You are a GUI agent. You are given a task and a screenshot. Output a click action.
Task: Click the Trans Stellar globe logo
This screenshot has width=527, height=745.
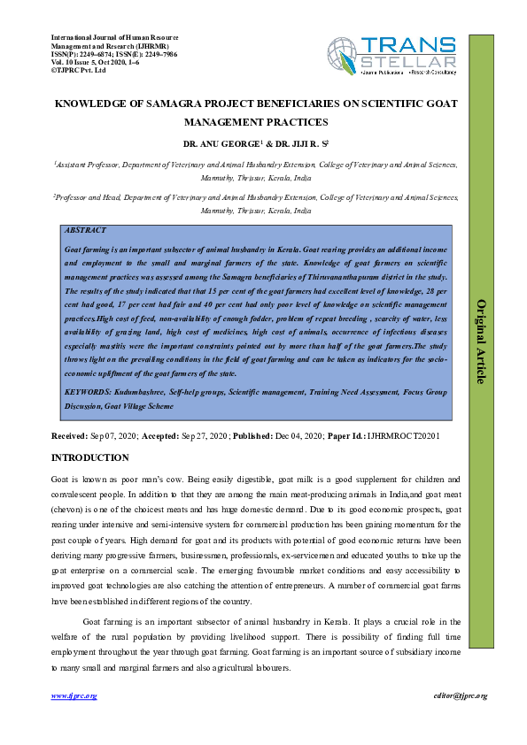click(x=345, y=56)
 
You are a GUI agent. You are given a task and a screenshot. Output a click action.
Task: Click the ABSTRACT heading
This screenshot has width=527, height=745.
click(x=86, y=230)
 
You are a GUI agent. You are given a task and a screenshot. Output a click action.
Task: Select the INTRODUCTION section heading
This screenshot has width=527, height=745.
click(x=89, y=457)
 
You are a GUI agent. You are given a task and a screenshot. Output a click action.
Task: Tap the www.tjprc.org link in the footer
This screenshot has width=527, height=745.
click(x=74, y=696)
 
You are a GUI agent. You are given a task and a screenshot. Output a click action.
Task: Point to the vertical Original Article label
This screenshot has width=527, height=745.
click(x=482, y=341)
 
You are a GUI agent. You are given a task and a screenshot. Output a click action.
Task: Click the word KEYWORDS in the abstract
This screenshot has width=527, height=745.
click(x=88, y=390)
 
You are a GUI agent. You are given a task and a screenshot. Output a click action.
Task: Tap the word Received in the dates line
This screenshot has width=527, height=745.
click(x=69, y=437)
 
